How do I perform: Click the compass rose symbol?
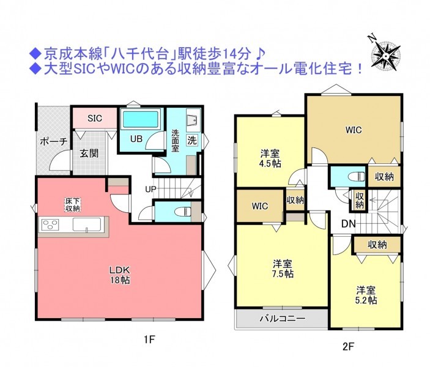(x=385, y=56)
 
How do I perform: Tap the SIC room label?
(x=95, y=118)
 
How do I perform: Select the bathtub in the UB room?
(x=141, y=119)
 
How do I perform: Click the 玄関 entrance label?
(x=89, y=154)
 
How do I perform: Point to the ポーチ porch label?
(x=53, y=141)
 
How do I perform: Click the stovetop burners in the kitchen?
(x=50, y=225)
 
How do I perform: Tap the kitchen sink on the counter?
(x=87, y=225)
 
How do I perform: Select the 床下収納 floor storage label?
(x=73, y=205)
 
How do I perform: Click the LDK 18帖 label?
(x=119, y=275)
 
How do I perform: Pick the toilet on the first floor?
(x=183, y=212)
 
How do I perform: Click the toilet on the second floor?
(x=358, y=177)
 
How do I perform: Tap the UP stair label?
(x=150, y=189)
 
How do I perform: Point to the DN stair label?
(x=348, y=224)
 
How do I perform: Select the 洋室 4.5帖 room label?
(x=270, y=158)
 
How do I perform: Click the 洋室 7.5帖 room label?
(x=283, y=269)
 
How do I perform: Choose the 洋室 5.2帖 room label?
(x=366, y=295)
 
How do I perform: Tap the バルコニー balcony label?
(x=283, y=319)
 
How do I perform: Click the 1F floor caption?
(x=149, y=340)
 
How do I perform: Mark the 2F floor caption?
(x=348, y=347)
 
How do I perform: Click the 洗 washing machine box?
(x=192, y=141)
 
